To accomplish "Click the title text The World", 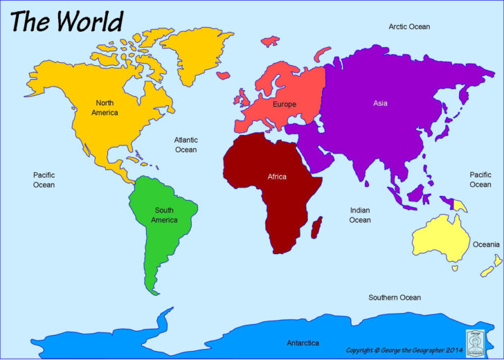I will point(66,21).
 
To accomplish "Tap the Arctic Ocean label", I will point(408,27).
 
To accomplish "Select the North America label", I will point(105,107).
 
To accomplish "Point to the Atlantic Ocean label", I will point(186,145).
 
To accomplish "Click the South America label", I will point(164,215).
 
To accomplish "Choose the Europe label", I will point(284,105).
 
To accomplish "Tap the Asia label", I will point(380,103).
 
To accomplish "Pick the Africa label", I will point(277,177).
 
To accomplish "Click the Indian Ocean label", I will point(359,215).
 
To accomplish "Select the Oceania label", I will point(485,244).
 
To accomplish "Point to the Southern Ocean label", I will point(394,298).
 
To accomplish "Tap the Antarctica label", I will point(303,343).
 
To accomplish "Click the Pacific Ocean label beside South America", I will point(44,180).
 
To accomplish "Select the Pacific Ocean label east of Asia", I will point(480,180).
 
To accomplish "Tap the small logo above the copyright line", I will point(475,330).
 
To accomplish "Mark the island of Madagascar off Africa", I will point(318,226).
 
